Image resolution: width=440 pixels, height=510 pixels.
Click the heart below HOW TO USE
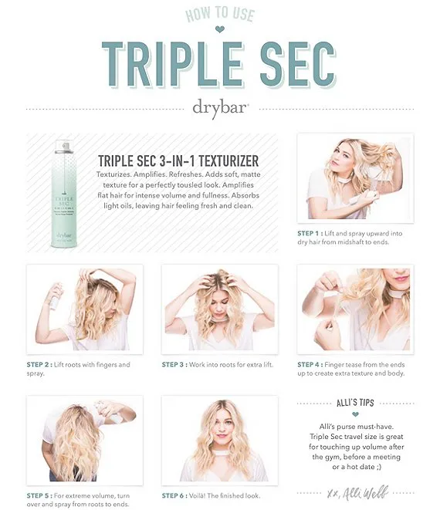pyautogui.click(x=220, y=29)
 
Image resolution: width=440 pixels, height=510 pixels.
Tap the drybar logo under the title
pyautogui.click(x=221, y=108)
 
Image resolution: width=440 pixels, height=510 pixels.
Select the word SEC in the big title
pyautogui.click(x=298, y=64)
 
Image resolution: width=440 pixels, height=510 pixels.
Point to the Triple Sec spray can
pyautogui.click(x=64, y=194)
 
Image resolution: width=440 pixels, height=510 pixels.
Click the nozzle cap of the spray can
pyautogui.click(x=64, y=147)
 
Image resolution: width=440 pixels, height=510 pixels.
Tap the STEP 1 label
pyautogui.click(x=310, y=233)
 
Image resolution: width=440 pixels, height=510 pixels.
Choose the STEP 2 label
pyautogui.click(x=39, y=365)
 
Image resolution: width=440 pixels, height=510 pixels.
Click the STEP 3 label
pyautogui.click(x=174, y=365)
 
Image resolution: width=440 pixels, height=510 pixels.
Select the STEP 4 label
pyautogui.click(x=310, y=365)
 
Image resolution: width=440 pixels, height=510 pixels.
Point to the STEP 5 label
pyautogui.click(x=39, y=495)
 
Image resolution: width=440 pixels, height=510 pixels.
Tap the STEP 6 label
pyautogui.click(x=174, y=495)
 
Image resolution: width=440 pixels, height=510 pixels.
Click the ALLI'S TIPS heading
pyautogui.click(x=355, y=403)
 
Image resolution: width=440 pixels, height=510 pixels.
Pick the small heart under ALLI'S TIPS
pyautogui.click(x=355, y=414)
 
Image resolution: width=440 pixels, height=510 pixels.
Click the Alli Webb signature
pyautogui.click(x=357, y=493)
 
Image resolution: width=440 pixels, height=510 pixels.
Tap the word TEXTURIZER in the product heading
pyautogui.click(x=228, y=161)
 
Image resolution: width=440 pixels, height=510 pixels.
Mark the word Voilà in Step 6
pyautogui.click(x=197, y=495)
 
